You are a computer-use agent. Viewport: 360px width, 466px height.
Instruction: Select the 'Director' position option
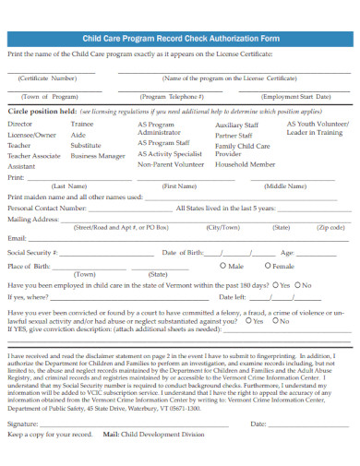19,123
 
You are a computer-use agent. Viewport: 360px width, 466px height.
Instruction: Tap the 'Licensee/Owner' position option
32,134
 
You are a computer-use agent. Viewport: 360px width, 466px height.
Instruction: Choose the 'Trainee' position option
82,123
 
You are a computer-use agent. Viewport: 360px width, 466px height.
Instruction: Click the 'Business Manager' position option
97,156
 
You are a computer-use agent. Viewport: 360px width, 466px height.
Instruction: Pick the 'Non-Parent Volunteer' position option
170,165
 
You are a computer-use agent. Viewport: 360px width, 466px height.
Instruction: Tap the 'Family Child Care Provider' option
242,150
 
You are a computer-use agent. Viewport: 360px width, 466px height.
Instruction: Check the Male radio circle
213,266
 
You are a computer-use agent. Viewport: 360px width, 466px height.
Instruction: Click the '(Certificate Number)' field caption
48,78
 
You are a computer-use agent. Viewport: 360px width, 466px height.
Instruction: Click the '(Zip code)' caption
330,226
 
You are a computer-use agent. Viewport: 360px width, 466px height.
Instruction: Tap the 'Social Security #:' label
33,252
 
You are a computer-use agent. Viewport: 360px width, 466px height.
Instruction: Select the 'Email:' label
17,238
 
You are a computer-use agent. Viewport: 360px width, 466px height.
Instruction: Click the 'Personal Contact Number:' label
46,209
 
